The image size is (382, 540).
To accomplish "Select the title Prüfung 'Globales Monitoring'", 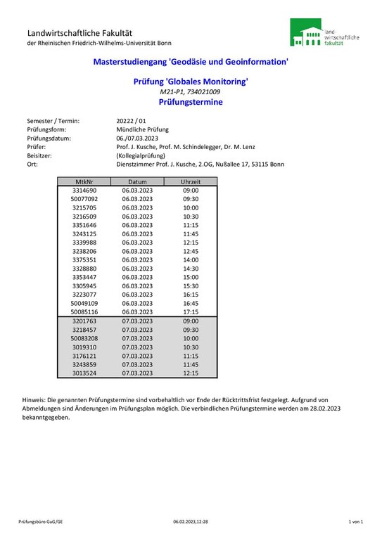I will click(x=191, y=82).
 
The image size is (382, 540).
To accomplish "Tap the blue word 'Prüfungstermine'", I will click(x=191, y=102).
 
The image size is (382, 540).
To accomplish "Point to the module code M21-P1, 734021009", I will click(x=191, y=92).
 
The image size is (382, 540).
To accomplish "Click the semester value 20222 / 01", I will click(x=132, y=121).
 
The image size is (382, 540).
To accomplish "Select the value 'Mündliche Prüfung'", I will click(x=142, y=129).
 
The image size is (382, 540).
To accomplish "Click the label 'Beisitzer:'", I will click(x=40, y=155).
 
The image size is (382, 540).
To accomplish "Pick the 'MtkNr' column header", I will click(x=84, y=181).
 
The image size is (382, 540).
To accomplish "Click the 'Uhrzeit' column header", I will click(x=191, y=181).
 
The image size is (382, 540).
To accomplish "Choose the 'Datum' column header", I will click(x=137, y=181).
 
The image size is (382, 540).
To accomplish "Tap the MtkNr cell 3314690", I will click(x=84, y=191).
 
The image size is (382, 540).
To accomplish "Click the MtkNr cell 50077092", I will click(x=84, y=199).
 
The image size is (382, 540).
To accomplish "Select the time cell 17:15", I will click(x=191, y=311).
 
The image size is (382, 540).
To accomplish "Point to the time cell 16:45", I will click(x=191, y=303).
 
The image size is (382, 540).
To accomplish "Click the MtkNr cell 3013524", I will click(x=84, y=373).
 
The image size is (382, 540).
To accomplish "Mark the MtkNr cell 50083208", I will click(x=84, y=338).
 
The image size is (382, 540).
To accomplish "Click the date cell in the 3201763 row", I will click(x=137, y=321).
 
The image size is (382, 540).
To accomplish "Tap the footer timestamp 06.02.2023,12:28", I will click(x=191, y=522).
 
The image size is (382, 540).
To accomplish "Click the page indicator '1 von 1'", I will click(x=355, y=522).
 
